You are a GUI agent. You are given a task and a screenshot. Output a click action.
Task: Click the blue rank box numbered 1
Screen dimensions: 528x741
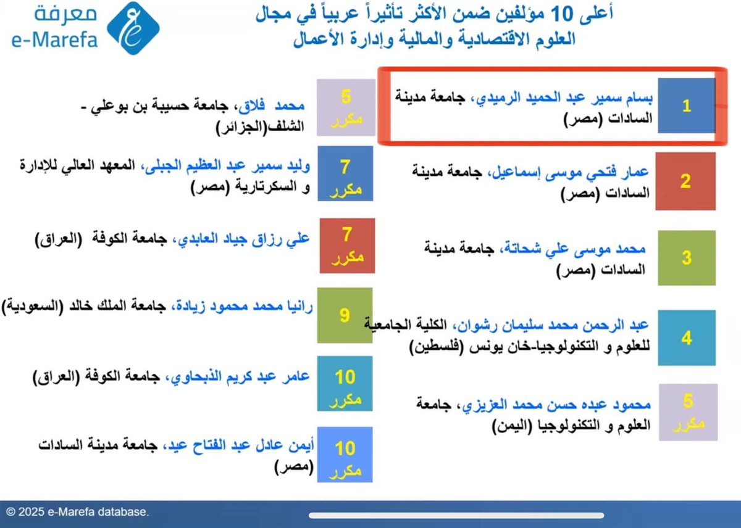click(686, 105)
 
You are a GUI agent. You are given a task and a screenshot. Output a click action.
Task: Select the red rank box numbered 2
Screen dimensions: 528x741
click(686, 181)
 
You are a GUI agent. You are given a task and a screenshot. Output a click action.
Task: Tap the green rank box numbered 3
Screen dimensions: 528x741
click(686, 257)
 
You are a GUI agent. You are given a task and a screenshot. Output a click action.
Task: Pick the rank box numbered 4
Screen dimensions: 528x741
click(686, 337)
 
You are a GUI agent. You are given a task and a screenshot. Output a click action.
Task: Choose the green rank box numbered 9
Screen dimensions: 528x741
click(345, 316)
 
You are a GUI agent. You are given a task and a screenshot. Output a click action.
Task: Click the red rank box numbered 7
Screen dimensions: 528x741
click(347, 245)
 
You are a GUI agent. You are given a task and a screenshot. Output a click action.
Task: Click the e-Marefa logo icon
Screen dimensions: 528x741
click(133, 28)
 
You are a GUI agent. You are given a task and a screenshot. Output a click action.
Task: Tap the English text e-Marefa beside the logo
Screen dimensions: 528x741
click(54, 40)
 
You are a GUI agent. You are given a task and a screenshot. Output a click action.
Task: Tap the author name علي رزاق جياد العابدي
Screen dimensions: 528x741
click(243, 239)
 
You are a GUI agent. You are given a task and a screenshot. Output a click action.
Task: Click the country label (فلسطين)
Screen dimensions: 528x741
click(437, 349)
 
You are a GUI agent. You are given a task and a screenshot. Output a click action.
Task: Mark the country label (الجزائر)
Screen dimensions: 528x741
click(241, 128)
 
